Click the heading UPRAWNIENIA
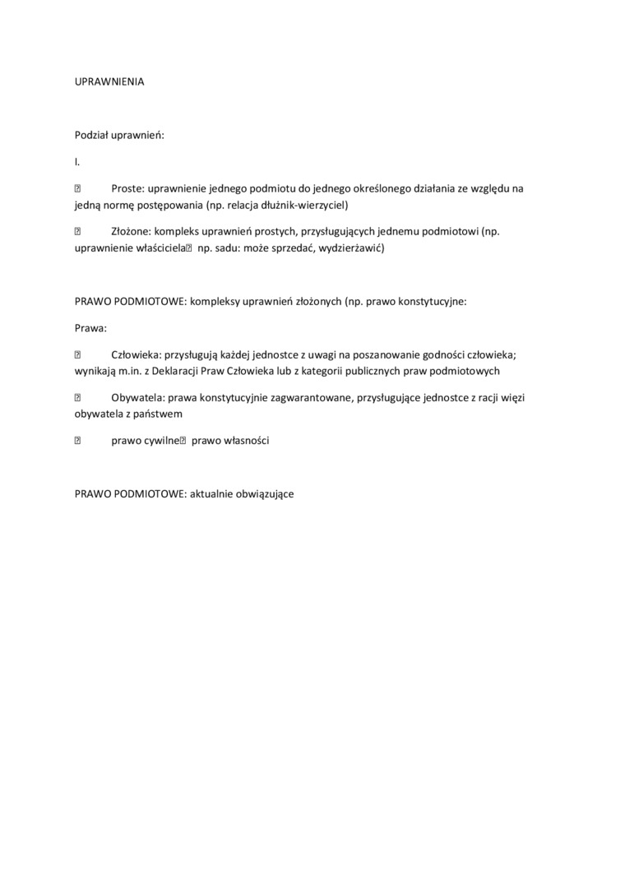tap(109, 82)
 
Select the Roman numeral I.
tap(76, 162)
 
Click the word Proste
tap(127, 188)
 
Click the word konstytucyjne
tap(432, 301)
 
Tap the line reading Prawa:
tap(91, 328)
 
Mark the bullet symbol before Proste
tap(78, 188)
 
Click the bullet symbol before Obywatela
tap(78, 398)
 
